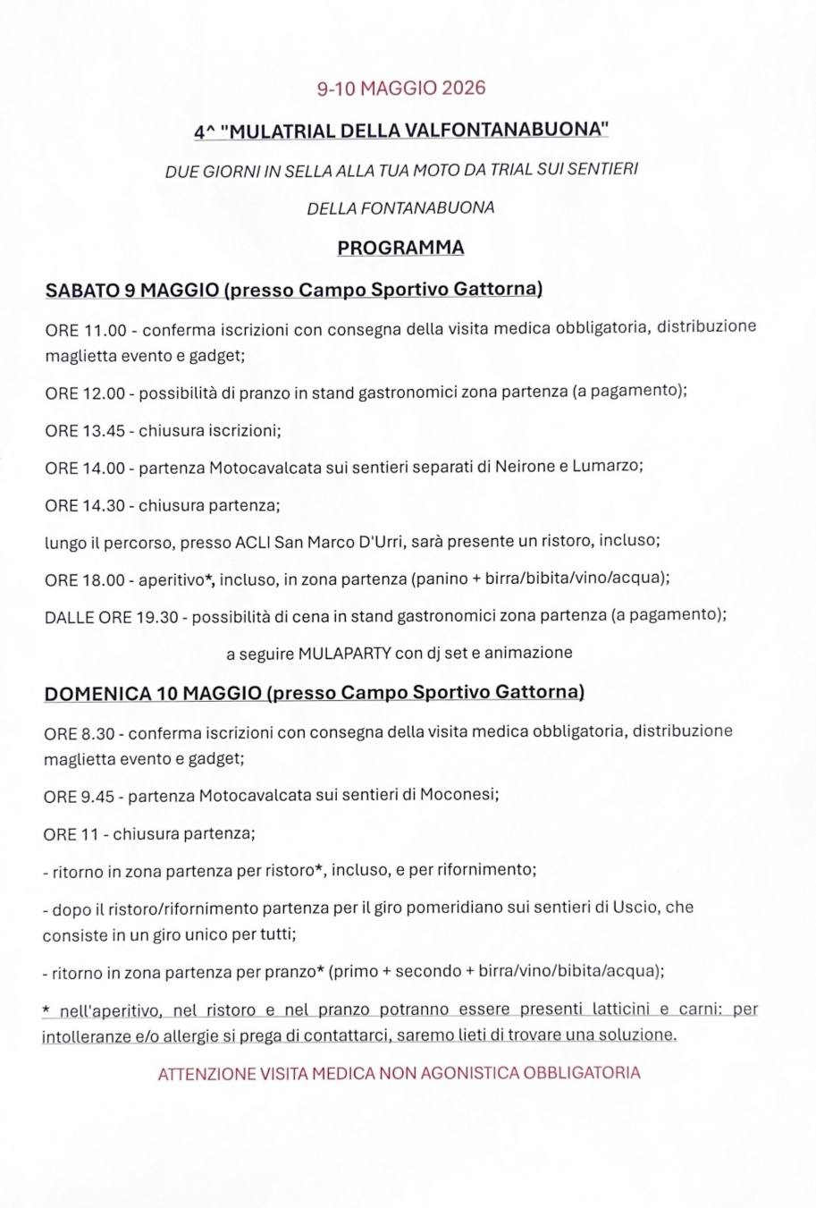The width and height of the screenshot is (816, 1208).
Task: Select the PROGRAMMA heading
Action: (400, 248)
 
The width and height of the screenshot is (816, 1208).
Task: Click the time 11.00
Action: (105, 330)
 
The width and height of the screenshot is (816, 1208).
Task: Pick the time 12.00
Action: (105, 394)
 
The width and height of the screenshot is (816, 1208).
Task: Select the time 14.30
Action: (105, 506)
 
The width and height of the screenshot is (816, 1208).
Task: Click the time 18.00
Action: (105, 580)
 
